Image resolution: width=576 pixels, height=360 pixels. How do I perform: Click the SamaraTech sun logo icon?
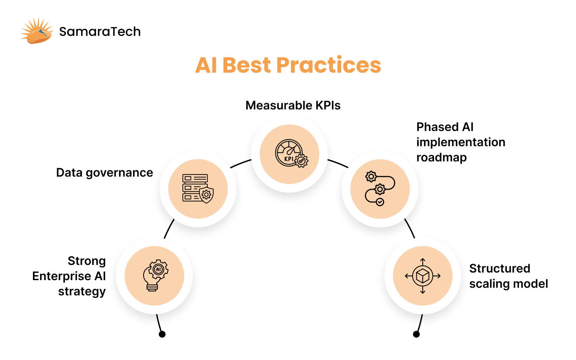click(x=37, y=31)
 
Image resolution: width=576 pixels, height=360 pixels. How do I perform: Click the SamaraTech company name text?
click(x=100, y=32)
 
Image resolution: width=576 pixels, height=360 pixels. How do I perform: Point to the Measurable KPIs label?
click(x=293, y=105)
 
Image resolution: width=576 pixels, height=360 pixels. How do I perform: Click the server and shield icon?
click(x=198, y=188)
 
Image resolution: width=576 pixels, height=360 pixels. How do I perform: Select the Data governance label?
click(x=104, y=172)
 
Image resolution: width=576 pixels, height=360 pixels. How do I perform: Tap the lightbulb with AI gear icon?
click(x=155, y=275)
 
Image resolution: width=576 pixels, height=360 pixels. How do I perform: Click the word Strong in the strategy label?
click(x=87, y=261)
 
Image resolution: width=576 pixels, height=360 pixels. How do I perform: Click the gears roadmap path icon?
click(x=380, y=188)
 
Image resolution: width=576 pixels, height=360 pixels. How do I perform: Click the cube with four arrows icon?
click(x=423, y=276)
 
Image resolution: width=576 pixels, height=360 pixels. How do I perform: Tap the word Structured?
click(x=500, y=268)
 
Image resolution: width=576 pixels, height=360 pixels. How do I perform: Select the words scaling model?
click(x=508, y=284)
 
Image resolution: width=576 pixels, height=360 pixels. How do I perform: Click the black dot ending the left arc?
click(x=162, y=334)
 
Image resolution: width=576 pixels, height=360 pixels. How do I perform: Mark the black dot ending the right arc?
click(x=416, y=334)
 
